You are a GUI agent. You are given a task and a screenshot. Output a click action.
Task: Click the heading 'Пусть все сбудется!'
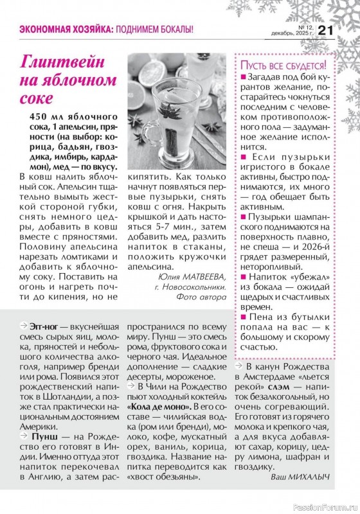tap(283, 66)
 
